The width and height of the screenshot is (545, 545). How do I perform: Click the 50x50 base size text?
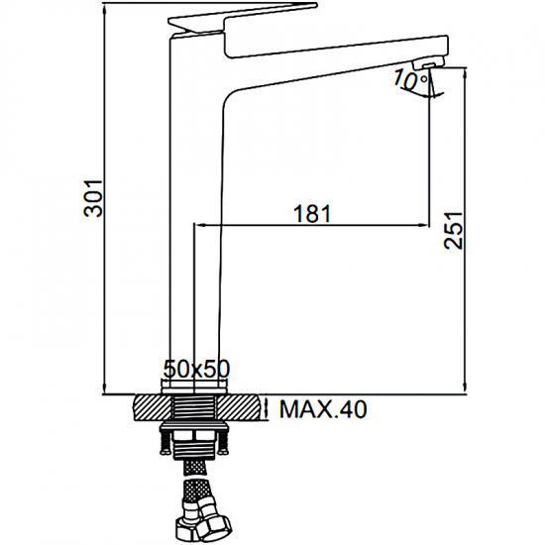(196, 369)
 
